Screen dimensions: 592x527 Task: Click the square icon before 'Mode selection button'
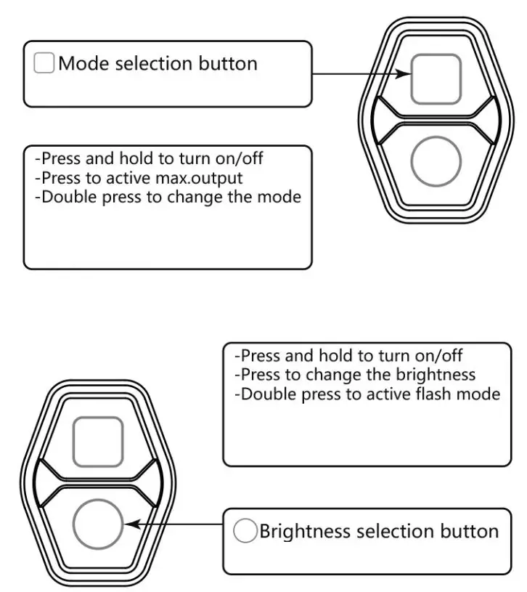tap(44, 63)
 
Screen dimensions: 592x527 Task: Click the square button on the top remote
tap(436, 78)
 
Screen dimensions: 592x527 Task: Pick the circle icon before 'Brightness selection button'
tap(245, 531)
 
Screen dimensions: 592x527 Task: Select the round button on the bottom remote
tap(98, 524)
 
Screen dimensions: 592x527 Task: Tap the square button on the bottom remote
tap(98, 442)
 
